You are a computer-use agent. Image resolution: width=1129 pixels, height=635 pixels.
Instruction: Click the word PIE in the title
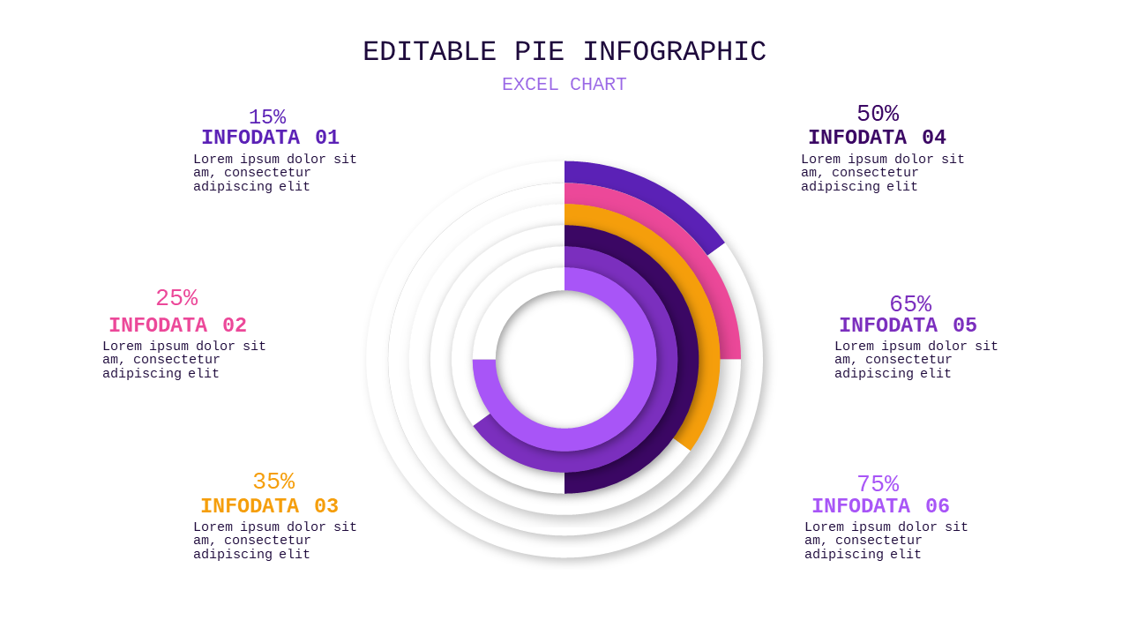(539, 52)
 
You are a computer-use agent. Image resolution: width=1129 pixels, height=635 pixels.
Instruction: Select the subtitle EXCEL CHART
(564, 84)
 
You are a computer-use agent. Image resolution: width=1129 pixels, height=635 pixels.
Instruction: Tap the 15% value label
(267, 117)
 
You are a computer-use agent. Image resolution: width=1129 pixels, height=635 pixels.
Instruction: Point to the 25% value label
(176, 298)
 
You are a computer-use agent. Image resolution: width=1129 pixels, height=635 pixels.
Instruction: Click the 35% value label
(273, 482)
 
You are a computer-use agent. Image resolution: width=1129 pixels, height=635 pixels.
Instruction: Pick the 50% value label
(878, 114)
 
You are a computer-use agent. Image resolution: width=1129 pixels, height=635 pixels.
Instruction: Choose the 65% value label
(910, 304)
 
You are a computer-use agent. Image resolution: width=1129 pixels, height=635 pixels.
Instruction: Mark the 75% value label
(878, 484)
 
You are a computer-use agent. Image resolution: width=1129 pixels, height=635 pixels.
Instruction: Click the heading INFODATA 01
(270, 137)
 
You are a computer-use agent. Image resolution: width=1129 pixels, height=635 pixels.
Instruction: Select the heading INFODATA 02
(177, 325)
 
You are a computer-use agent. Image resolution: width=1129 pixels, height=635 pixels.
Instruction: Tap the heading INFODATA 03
(269, 506)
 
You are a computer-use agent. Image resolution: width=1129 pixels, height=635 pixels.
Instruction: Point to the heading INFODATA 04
(877, 137)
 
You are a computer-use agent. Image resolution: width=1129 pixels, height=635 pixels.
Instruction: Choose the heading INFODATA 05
(908, 325)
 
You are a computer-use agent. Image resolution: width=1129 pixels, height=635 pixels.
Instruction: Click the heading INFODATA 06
(880, 506)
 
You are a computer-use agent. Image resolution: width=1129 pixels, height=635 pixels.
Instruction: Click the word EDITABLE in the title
(430, 52)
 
